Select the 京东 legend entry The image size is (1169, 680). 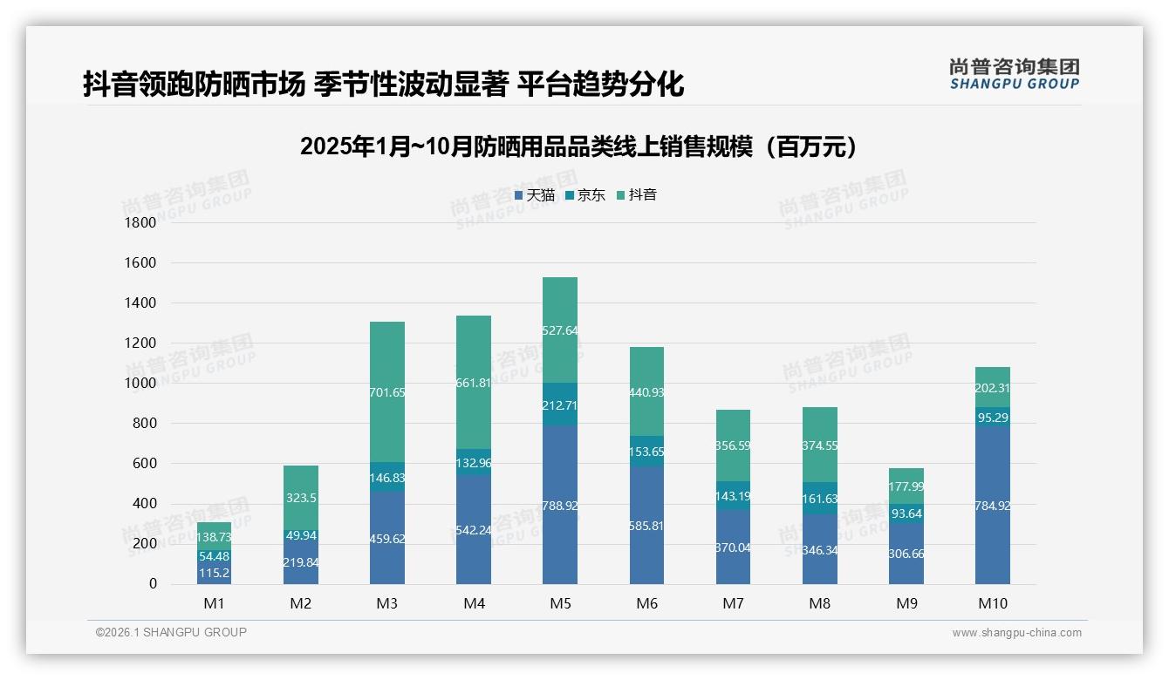(585, 195)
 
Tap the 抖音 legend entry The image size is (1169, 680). (637, 195)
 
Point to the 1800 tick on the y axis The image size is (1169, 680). (140, 223)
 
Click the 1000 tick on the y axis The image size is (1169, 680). (140, 384)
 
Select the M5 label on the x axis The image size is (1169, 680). (560, 604)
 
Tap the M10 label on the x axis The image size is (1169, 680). (993, 604)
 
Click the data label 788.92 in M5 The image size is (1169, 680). (560, 506)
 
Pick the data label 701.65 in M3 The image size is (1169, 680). (386, 393)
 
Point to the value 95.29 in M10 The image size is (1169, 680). (993, 418)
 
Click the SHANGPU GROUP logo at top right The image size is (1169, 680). (1014, 74)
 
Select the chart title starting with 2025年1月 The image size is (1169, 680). (578, 146)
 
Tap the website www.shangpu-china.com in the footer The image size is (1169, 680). (1016, 633)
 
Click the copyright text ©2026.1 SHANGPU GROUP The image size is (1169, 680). (171, 632)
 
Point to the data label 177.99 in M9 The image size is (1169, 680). (906, 487)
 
